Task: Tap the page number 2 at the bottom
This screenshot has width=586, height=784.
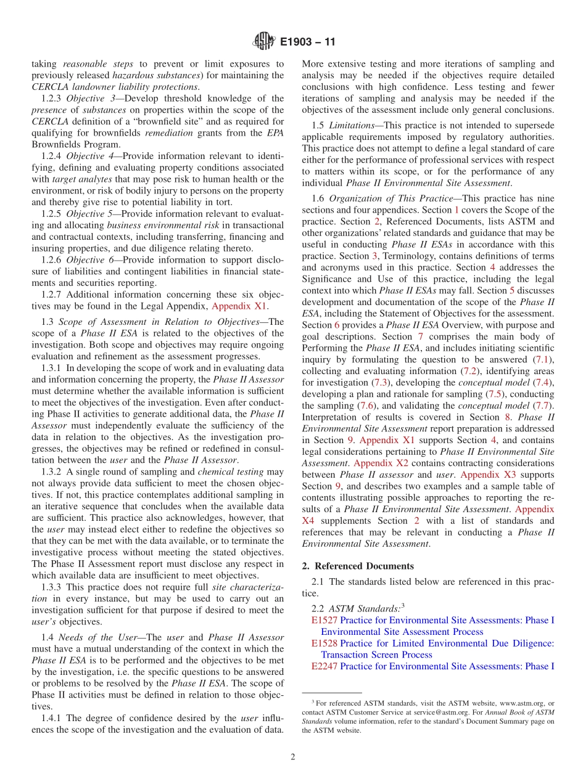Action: click(293, 757)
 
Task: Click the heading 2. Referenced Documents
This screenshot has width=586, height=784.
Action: click(358, 566)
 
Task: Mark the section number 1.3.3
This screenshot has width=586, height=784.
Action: click(52, 587)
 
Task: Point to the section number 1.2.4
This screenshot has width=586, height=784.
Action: click(52, 156)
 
